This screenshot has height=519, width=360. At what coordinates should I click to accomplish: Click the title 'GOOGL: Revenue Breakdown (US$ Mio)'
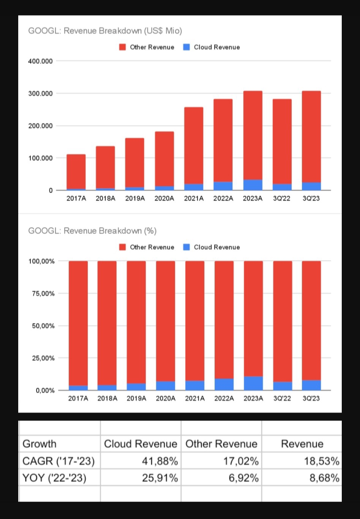[x=105, y=31]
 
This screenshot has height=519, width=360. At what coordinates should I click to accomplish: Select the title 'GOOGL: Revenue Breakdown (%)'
[x=92, y=231]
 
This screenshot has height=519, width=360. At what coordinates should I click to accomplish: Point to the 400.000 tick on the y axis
[x=40, y=61]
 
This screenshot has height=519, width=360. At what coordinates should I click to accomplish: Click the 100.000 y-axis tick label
[x=40, y=158]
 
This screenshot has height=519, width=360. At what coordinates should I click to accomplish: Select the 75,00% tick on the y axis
[x=41, y=294]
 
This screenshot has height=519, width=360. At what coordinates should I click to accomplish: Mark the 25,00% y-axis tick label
[x=41, y=358]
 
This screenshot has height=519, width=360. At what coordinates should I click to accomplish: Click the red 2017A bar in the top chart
[x=76, y=171]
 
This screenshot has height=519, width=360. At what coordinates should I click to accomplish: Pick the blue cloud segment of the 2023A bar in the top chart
[x=253, y=185]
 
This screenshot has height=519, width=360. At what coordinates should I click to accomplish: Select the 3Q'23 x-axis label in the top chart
[x=311, y=198]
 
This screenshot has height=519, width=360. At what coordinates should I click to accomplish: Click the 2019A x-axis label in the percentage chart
[x=136, y=398]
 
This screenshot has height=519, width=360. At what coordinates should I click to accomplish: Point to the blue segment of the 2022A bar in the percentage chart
[x=224, y=384]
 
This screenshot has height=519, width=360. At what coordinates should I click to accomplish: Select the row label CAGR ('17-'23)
[x=58, y=461]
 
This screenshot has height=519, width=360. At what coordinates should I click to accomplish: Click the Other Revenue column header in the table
[x=221, y=444]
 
